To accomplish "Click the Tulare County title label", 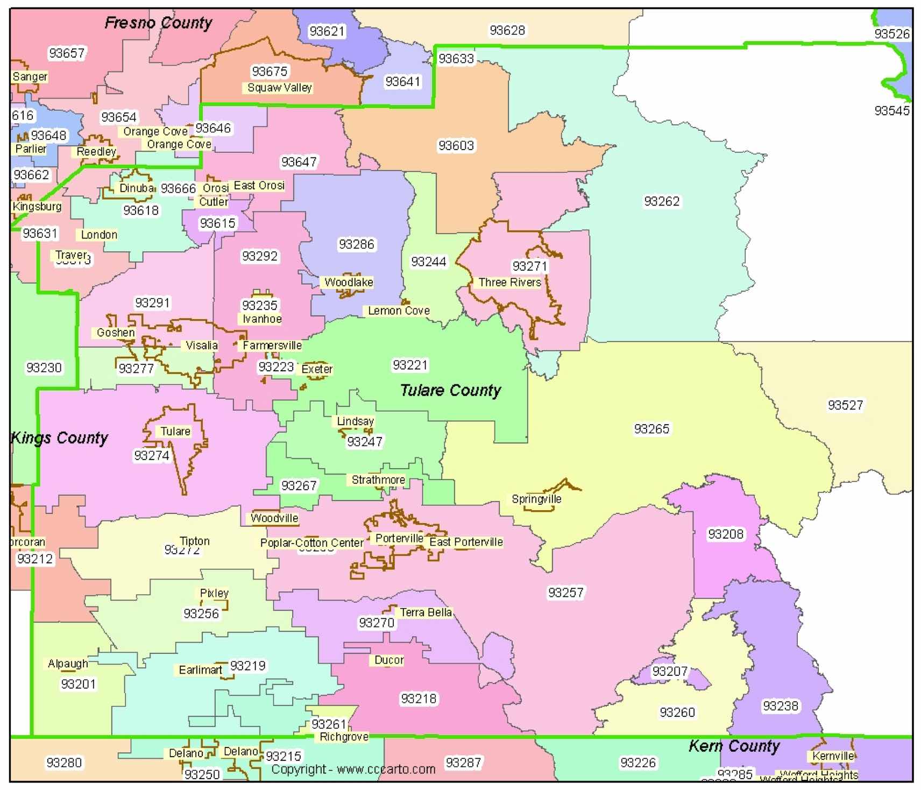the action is tap(450, 390).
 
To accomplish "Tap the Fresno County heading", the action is tap(158, 23).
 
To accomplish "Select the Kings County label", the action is tap(59, 438).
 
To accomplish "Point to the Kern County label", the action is tap(734, 746).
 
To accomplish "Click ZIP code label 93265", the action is tap(651, 429).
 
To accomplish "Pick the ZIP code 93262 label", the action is tap(662, 201).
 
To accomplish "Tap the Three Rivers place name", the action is tap(509, 282).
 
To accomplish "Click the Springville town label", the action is tap(536, 499).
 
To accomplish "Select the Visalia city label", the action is tap(202, 345).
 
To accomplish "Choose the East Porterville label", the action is tap(466, 542).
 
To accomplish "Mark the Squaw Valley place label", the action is tap(279, 88).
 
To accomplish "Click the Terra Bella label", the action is tap(426, 612).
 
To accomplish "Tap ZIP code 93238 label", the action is tap(781, 706).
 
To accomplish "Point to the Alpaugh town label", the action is tap(68, 664).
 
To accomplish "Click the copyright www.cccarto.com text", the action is tap(353, 770).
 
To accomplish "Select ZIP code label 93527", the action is tap(845, 405).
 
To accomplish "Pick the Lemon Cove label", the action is tap(399, 311).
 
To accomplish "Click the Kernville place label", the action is tap(833, 756).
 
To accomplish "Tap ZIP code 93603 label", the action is tap(456, 146).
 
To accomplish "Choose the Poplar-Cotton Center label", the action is tap(312, 543).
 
